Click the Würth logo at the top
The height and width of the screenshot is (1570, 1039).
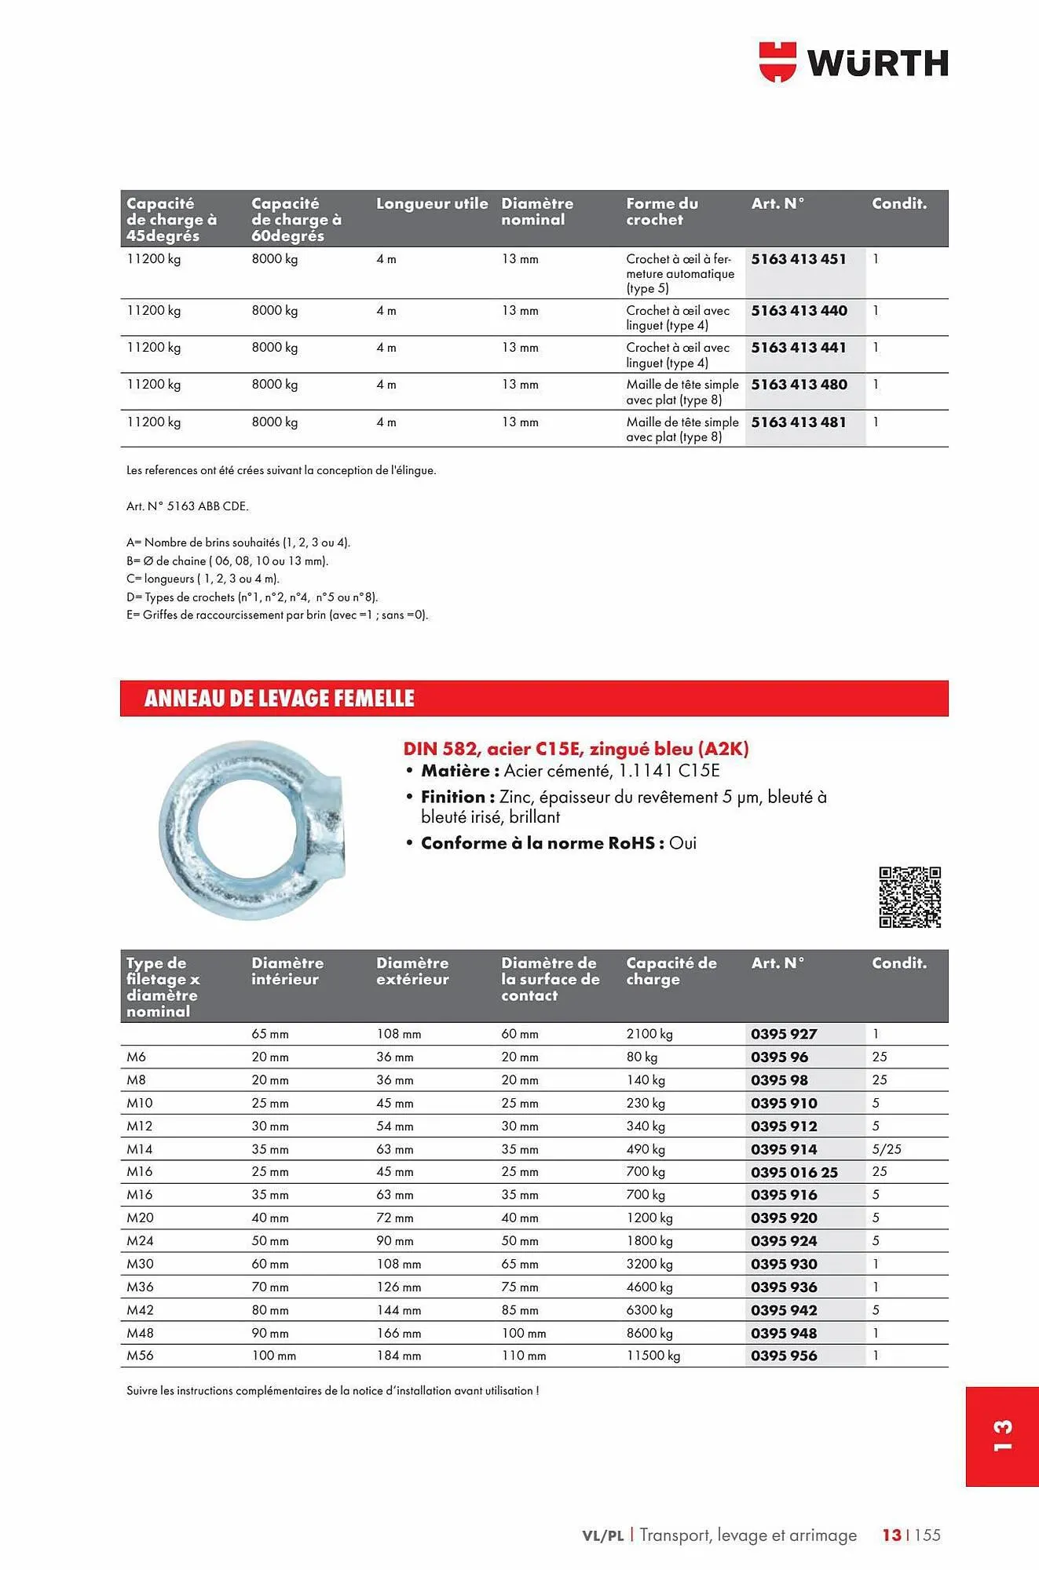(854, 62)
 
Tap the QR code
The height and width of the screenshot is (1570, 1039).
(909, 897)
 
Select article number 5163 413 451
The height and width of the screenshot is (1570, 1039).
(799, 259)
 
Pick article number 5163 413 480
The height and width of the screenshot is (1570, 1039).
(799, 385)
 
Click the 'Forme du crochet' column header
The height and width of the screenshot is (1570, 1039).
(662, 211)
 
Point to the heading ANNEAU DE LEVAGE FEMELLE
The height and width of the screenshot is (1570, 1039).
(279, 699)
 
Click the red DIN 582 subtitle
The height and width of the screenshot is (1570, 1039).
(576, 748)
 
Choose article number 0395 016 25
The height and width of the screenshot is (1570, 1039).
(794, 1172)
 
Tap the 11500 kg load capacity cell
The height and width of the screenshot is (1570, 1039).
(653, 1356)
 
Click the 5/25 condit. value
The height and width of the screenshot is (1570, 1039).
(887, 1149)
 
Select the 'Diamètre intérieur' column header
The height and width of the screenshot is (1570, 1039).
(287, 971)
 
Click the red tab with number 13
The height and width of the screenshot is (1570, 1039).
(1002, 1436)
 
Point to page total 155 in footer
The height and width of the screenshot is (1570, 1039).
(927, 1535)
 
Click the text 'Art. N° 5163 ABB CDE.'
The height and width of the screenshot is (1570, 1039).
(187, 506)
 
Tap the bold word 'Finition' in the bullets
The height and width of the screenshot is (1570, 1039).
(453, 797)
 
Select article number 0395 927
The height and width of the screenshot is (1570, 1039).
(784, 1034)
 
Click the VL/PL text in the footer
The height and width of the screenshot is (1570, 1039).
(602, 1535)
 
